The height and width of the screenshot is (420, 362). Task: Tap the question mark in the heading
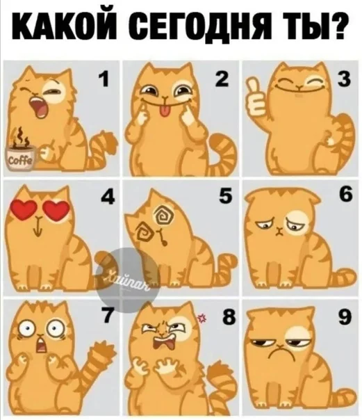(x=337, y=26)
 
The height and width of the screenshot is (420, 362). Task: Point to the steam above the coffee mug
(x=21, y=138)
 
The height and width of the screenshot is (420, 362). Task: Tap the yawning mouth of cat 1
(x=38, y=108)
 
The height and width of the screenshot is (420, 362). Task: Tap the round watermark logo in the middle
(x=128, y=280)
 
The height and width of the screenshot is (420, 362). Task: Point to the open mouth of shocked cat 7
(x=41, y=346)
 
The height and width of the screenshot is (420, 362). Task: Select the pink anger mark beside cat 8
(x=201, y=318)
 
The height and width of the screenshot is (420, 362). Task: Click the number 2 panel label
(x=221, y=78)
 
